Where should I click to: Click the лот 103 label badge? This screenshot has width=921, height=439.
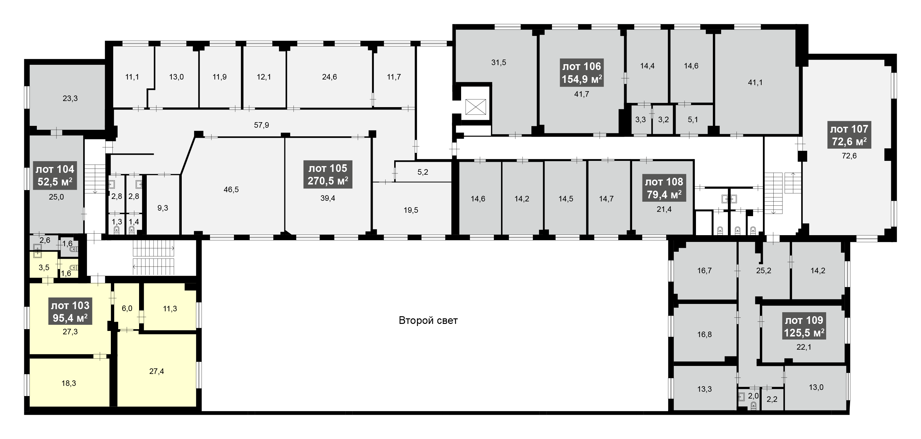coord(70,311)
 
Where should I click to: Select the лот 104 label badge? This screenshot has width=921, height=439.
coord(55,176)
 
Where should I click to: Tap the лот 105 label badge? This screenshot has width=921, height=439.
coord(328,174)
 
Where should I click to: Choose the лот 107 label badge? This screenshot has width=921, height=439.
coord(849,135)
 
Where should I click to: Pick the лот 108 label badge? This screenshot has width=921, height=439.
coord(664,188)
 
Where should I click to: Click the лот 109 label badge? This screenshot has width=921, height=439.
coord(804,326)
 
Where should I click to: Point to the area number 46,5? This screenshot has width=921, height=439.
coord(231,189)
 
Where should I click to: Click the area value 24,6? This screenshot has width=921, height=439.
coord(329,77)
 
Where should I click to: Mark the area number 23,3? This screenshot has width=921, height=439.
coord(70,98)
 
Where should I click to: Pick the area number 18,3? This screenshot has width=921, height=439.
coord(69,383)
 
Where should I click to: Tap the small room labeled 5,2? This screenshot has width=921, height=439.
coord(423,172)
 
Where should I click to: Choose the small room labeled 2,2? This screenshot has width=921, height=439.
coord(772,399)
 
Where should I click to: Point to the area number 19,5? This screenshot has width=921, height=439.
coord(411,210)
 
